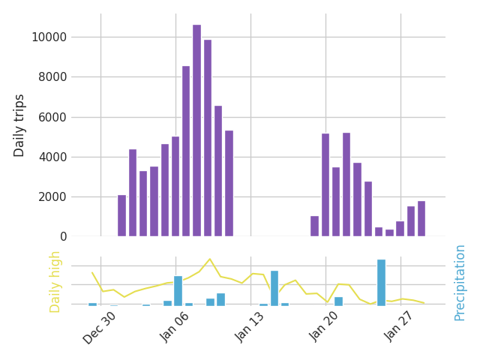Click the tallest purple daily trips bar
tap(196, 130)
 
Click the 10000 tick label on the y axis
tap(46, 37)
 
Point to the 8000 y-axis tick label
tap(49, 77)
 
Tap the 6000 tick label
tap(49, 117)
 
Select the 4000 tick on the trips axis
tap(49, 157)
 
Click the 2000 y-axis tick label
tap(49, 197)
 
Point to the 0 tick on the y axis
tap(63, 237)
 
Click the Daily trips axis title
tap(20, 125)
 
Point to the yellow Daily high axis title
tap(55, 281)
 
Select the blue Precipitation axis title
tap(460, 283)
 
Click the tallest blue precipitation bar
tap(381, 283)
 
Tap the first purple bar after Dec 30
tap(121, 216)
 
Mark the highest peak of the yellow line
tap(210, 259)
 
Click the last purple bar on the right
tap(421, 219)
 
